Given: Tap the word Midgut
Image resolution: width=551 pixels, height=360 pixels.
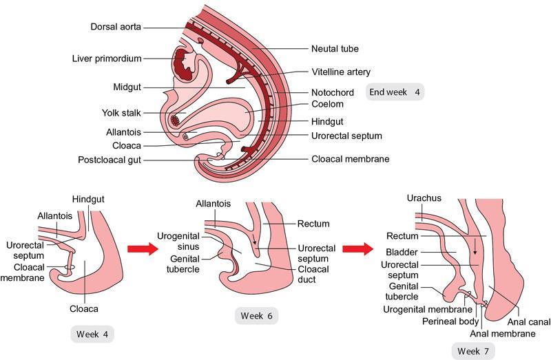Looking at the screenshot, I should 127,87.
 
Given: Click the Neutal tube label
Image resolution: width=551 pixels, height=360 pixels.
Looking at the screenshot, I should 334,49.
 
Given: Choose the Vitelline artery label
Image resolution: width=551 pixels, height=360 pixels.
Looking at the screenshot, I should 340,72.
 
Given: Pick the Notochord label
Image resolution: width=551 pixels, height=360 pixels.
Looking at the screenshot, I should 332,92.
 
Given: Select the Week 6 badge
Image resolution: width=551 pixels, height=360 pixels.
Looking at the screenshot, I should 256,316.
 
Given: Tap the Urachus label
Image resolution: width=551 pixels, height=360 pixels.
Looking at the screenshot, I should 424,199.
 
